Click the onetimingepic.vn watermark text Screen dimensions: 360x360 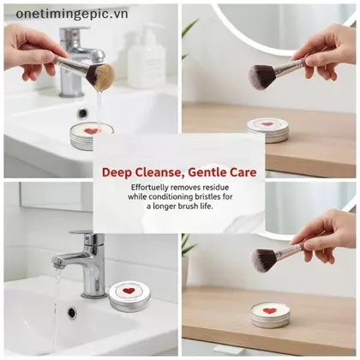click(72, 14)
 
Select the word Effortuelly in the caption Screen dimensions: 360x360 click(149, 188)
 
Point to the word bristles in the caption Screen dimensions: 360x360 click(207, 196)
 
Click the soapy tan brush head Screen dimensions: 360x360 click(105, 75)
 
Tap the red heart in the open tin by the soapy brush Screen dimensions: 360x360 click(92, 131)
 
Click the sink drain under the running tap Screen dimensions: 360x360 click(72, 313)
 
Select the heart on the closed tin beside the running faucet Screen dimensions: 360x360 click(129, 291)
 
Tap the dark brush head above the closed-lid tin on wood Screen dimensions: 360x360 click(261, 77)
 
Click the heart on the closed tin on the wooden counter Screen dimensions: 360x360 click(267, 124)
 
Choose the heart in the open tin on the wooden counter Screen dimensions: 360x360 click(269, 310)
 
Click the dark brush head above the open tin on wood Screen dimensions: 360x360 click(264, 258)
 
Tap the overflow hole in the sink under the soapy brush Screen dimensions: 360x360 click(82, 113)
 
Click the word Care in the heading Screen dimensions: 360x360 click(243, 172)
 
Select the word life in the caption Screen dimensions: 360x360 click(206, 206)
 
